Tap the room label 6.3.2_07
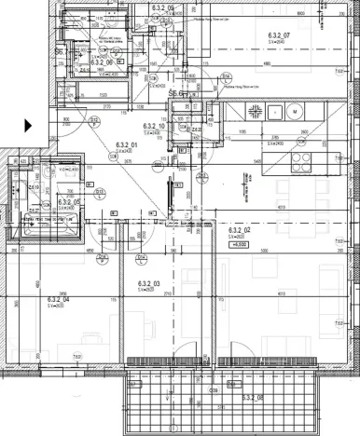(279, 34)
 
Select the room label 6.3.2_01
(126, 144)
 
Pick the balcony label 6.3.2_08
(252, 397)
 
